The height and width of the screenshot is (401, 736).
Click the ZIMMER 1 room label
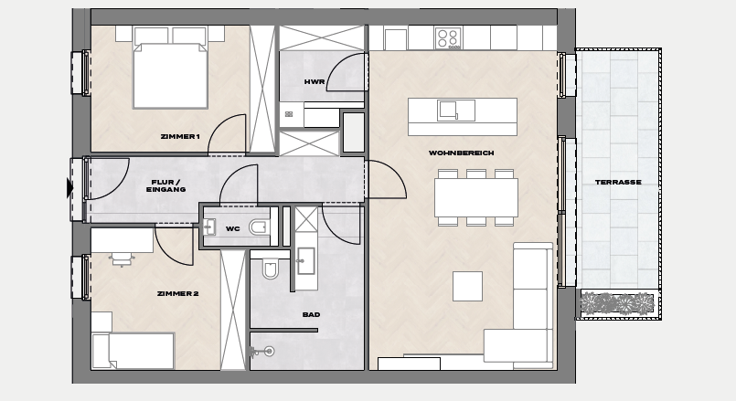[x=180, y=136]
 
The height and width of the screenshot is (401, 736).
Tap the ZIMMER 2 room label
[x=178, y=293]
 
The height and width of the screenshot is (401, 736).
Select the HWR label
[x=315, y=81]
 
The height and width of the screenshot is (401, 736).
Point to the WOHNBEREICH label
[x=462, y=153]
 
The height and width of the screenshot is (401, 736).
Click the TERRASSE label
[x=618, y=182]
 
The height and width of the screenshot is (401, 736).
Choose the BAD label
[x=311, y=315]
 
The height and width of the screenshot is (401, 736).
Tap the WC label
[x=233, y=229]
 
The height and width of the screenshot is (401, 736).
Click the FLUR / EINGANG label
[x=165, y=185]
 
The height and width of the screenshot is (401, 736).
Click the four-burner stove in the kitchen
[x=448, y=38]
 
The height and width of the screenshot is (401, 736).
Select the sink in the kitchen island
[x=456, y=111]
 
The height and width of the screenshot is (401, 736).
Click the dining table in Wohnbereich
[x=476, y=197]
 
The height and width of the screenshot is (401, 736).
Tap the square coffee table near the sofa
[x=467, y=286]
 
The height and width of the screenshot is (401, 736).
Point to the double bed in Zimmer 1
[x=170, y=68]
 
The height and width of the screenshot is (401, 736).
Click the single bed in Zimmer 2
[x=133, y=351]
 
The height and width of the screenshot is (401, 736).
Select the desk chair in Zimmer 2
[x=122, y=259]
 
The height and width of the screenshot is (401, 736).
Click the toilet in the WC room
[x=259, y=227]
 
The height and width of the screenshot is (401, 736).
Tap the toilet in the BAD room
[x=271, y=269]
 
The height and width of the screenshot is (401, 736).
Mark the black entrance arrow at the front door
[x=69, y=188]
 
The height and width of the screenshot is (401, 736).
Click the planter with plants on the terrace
[x=617, y=303]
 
